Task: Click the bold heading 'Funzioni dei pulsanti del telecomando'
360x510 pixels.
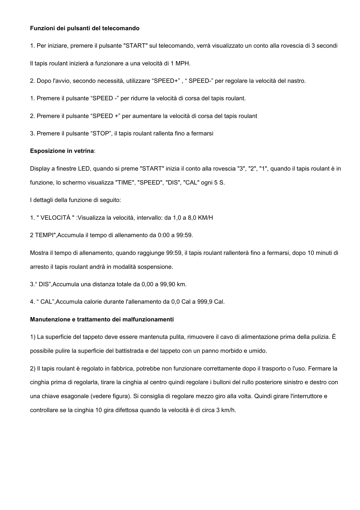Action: click(x=85, y=28)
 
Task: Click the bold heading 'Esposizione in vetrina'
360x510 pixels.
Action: click(x=62, y=151)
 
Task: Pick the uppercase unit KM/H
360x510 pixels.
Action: click(x=205, y=218)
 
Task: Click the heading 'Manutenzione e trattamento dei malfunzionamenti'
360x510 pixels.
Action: click(x=102, y=319)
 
